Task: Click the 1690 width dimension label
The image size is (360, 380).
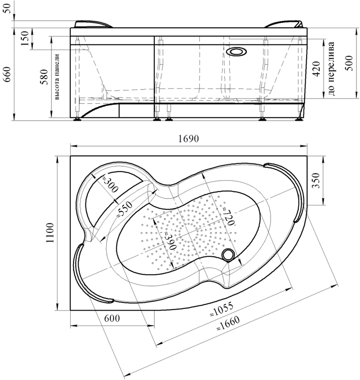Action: (189, 139)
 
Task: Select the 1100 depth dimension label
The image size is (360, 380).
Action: (50, 233)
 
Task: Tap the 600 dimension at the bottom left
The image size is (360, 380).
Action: (112, 318)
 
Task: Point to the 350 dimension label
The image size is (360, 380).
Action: (315, 180)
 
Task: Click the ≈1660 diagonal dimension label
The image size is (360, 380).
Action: (228, 323)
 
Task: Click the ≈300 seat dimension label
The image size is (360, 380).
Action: (110, 185)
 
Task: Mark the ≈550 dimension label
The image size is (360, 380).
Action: (124, 209)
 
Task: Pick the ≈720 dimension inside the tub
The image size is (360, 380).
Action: (228, 216)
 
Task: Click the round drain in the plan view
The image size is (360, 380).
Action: (228, 255)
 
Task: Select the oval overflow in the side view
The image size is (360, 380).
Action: (236, 51)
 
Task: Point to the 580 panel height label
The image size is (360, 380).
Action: (44, 77)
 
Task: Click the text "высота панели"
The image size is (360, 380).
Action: (57, 77)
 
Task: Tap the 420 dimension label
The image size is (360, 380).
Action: (316, 69)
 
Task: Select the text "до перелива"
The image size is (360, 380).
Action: (331, 69)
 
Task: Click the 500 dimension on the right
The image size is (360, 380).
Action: (349, 63)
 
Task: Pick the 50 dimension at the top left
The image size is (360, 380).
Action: (7, 9)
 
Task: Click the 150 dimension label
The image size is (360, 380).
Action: (24, 38)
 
